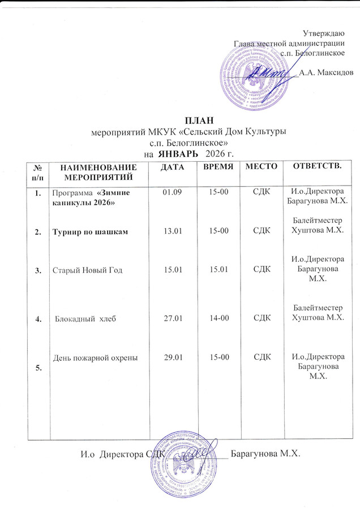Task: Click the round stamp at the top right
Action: tap(255, 77)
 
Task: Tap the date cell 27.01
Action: tap(170, 319)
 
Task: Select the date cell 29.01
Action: tap(170, 357)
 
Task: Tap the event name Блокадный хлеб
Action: tap(85, 320)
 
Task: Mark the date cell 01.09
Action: tap(170, 193)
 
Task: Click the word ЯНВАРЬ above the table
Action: tap(178, 154)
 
